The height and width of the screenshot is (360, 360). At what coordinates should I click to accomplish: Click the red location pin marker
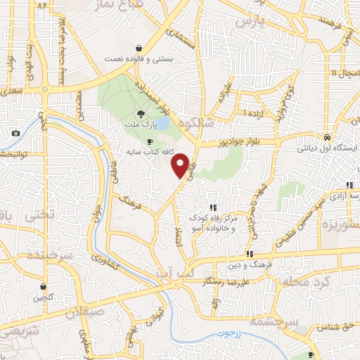point(181,165)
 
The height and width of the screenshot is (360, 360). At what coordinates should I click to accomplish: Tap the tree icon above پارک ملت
point(141,113)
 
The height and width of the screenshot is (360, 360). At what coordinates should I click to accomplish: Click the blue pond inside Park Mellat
point(162,124)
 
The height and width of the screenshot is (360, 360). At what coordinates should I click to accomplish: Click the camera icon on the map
point(15,133)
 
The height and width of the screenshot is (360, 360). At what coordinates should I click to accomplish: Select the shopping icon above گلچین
point(44,286)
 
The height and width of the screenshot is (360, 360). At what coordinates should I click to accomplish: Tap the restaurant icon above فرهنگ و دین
point(250,254)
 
